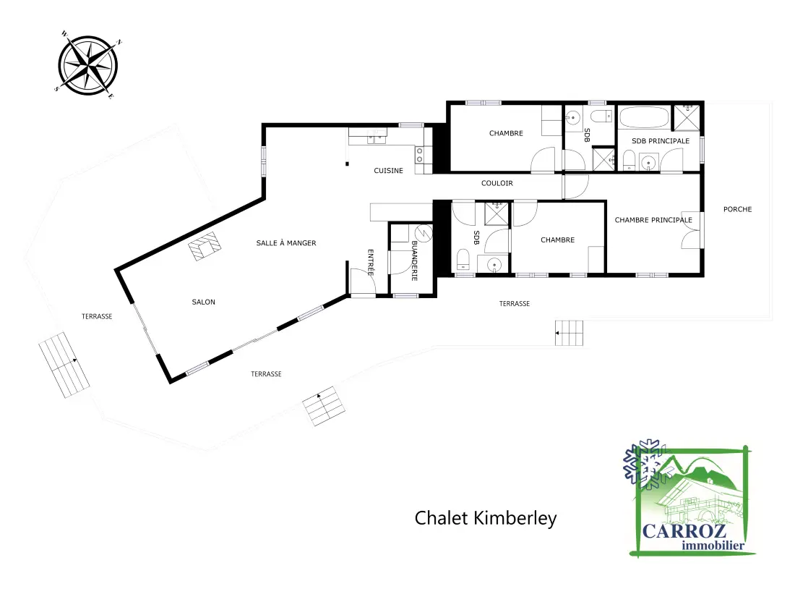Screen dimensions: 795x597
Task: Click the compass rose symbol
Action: click(x=87, y=65)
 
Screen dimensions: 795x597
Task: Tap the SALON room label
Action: click(x=203, y=302)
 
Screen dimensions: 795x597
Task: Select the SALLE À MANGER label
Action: click(x=286, y=243)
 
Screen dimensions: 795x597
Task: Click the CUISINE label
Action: click(x=388, y=171)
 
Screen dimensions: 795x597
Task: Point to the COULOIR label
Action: click(x=497, y=183)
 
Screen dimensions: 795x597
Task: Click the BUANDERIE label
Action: click(x=414, y=261)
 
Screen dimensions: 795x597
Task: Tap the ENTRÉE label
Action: click(x=371, y=263)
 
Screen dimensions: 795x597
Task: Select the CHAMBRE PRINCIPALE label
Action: click(x=653, y=220)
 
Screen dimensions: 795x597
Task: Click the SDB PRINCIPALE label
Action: click(x=660, y=140)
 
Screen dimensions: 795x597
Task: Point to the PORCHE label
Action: click(x=737, y=209)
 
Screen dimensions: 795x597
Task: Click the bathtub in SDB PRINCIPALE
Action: click(x=644, y=117)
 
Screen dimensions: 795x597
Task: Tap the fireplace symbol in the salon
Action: click(x=205, y=246)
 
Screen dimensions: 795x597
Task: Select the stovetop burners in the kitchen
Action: click(x=420, y=155)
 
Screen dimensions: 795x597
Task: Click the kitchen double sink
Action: click(x=377, y=135)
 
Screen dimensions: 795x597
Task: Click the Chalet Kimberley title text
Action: click(x=485, y=518)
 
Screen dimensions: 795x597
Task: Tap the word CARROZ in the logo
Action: click(x=684, y=531)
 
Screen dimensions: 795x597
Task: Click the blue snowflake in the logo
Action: click(x=645, y=465)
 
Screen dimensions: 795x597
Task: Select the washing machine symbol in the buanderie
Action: click(x=424, y=233)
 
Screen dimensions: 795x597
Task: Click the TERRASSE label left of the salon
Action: click(x=97, y=316)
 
